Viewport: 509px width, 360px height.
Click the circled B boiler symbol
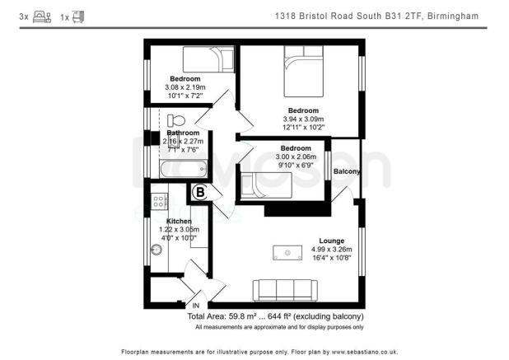click(x=200, y=194)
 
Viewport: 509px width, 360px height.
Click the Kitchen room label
click(x=179, y=222)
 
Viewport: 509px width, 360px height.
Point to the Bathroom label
click(x=183, y=133)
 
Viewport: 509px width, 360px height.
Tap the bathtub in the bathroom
click(x=182, y=170)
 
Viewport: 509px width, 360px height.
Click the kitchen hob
click(x=158, y=202)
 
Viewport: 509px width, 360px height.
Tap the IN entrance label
click(x=196, y=306)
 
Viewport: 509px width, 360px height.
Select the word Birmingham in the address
click(x=455, y=16)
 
